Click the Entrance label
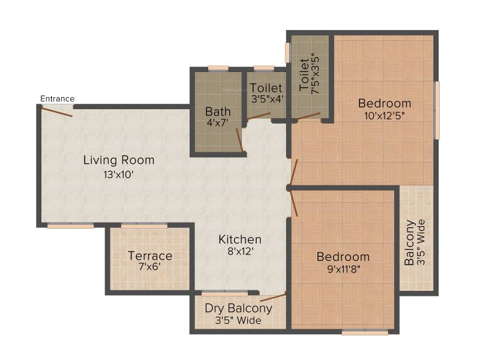(x=57, y=98)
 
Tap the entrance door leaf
(x=57, y=111)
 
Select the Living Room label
(x=119, y=160)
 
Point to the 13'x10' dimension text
(x=118, y=175)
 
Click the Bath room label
(x=218, y=112)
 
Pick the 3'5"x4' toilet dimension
(x=266, y=99)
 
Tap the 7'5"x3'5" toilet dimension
(x=316, y=75)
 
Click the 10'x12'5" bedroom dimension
(x=385, y=116)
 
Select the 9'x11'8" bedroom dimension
(x=343, y=269)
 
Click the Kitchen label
(x=240, y=239)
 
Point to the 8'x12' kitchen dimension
(x=241, y=251)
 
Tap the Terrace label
(x=150, y=256)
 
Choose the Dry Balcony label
(x=238, y=308)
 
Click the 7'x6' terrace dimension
(x=149, y=266)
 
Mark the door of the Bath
(x=239, y=140)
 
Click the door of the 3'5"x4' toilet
(x=259, y=115)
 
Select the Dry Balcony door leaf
(x=273, y=298)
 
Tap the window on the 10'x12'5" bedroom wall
(x=437, y=110)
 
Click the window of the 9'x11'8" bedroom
(x=365, y=332)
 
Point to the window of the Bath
(x=218, y=68)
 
